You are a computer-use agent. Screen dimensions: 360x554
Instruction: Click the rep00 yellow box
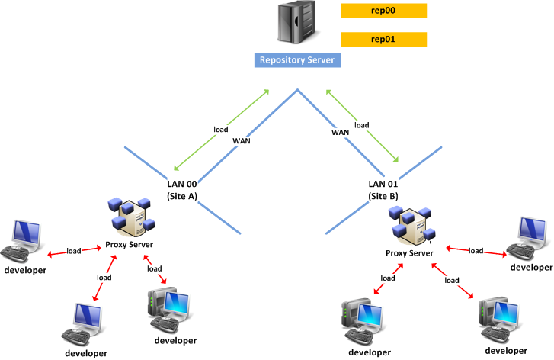pyautogui.click(x=383, y=11)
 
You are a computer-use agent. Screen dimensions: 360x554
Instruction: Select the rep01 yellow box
pyautogui.click(x=383, y=39)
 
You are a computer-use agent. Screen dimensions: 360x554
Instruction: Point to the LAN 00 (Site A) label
pyautogui.click(x=182, y=189)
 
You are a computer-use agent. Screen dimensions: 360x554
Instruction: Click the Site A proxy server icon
pyautogui.click(x=131, y=216)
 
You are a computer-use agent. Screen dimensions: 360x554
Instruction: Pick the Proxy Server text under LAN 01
pyautogui.click(x=408, y=253)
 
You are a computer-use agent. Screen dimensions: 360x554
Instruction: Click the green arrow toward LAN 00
pyautogui.click(x=221, y=130)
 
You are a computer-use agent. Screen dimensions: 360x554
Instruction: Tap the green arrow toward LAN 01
pyautogui.click(x=362, y=126)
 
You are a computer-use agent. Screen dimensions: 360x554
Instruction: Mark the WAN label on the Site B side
pyautogui.click(x=340, y=133)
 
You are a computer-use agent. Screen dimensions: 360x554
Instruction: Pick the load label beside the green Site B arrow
pyautogui.click(x=362, y=125)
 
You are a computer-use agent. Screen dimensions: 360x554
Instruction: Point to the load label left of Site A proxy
pyautogui.click(x=74, y=251)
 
